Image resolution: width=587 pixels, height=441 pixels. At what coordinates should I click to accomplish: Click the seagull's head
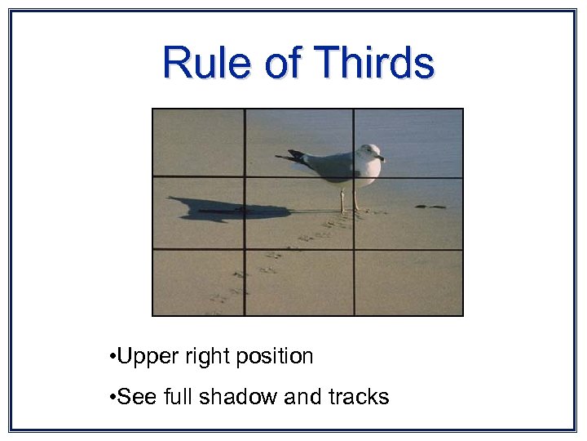(371, 153)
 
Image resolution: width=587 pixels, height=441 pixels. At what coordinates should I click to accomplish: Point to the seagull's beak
(382, 157)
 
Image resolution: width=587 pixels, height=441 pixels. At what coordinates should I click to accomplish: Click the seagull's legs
(348, 200)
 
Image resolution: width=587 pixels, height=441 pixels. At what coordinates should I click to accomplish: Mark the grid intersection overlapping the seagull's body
(353, 177)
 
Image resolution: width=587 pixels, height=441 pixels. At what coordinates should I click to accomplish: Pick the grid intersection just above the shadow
(245, 177)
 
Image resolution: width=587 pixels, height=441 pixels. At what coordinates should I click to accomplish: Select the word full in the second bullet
(178, 398)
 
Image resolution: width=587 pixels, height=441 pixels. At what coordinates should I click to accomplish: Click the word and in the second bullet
(304, 398)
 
